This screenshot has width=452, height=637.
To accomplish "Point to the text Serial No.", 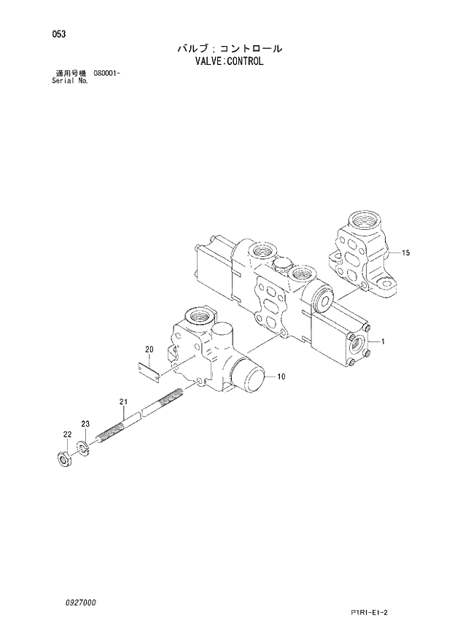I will pyautogui.click(x=71, y=81).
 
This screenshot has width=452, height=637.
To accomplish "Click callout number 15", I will pyautogui.click(x=406, y=252).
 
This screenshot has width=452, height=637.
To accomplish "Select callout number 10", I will pyautogui.click(x=281, y=377).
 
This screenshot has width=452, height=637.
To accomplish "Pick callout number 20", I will pyautogui.click(x=148, y=350).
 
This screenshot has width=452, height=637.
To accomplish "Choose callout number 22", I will pyautogui.click(x=66, y=435).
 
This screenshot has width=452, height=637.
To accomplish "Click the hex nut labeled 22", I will pyautogui.click(x=63, y=460).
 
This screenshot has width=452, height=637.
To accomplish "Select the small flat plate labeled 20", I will pyautogui.click(x=149, y=371).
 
